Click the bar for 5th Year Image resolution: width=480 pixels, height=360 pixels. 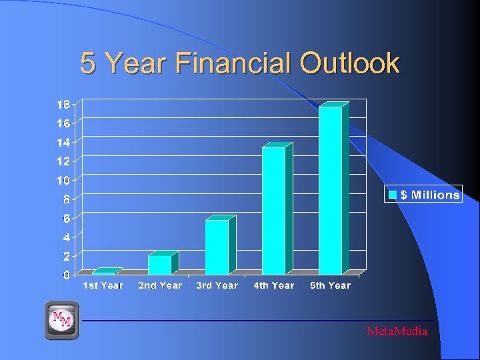click(x=330, y=190)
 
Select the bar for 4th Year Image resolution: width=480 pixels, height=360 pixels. click(x=273, y=211)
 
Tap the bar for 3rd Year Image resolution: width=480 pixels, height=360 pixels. click(x=217, y=247)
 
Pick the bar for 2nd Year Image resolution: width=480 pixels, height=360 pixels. click(x=159, y=265)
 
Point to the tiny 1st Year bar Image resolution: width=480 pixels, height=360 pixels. click(x=103, y=273)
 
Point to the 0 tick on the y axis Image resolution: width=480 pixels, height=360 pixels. click(x=66, y=275)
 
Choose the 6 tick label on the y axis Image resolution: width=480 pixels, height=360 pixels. click(x=66, y=218)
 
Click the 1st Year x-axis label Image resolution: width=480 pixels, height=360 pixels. click(x=103, y=285)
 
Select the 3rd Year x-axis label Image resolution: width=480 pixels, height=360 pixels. click(x=217, y=285)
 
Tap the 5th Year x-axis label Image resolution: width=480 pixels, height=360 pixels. click(x=330, y=285)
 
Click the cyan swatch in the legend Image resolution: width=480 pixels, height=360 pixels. click(x=393, y=195)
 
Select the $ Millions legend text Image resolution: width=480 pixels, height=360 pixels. click(x=429, y=195)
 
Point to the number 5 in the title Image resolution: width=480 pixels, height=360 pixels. click(x=87, y=63)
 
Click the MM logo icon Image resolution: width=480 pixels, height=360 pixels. click(x=62, y=320)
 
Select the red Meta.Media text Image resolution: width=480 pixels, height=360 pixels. click(x=397, y=331)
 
